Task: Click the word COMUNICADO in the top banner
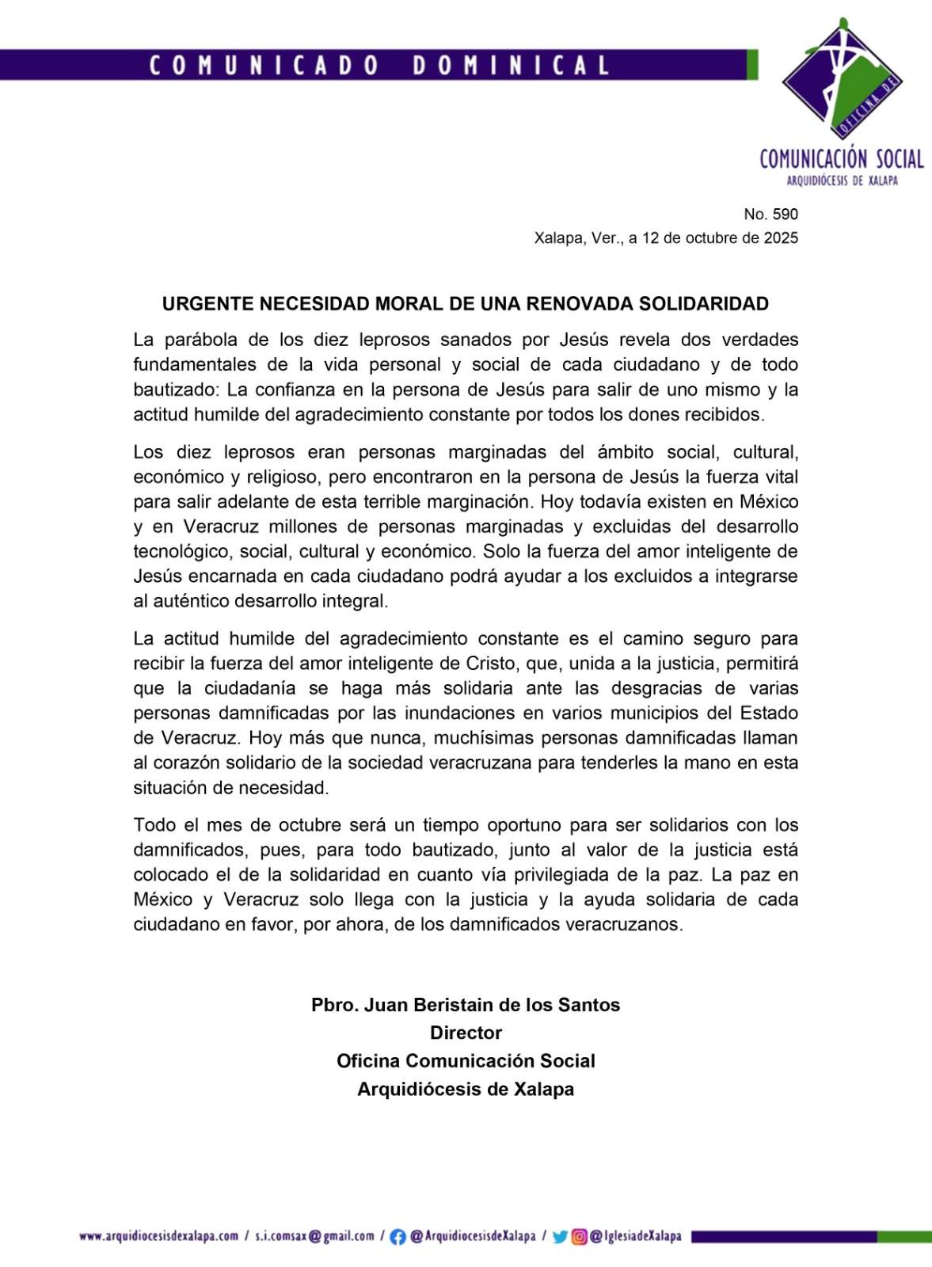click(264, 65)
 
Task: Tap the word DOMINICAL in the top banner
click(511, 65)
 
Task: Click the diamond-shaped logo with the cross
click(842, 78)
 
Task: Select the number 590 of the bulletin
click(786, 214)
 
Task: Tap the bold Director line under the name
click(466, 1033)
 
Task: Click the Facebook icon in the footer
click(398, 1236)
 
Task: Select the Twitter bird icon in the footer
click(560, 1236)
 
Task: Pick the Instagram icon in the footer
click(579, 1236)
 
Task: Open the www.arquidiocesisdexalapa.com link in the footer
click(159, 1236)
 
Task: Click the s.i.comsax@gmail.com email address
click(314, 1236)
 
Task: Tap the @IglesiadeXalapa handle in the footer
click(636, 1236)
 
